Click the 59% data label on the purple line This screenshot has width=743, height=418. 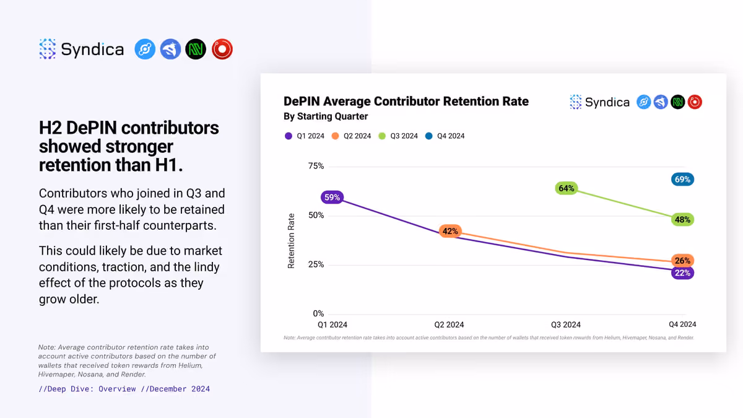click(332, 198)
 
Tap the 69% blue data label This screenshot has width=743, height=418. click(682, 180)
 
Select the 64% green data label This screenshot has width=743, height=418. click(566, 188)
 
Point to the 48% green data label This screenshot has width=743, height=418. click(682, 220)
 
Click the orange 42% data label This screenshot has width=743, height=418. click(450, 231)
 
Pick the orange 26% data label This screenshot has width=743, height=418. click(682, 261)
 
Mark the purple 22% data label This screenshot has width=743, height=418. click(682, 273)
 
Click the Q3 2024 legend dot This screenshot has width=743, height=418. click(382, 136)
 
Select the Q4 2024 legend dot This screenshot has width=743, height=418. click(429, 136)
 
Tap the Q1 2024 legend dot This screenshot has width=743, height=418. click(289, 136)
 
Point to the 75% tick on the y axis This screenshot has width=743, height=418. click(316, 166)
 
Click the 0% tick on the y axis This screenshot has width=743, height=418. click(318, 313)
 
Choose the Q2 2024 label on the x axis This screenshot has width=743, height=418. click(449, 324)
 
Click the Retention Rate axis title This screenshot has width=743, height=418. click(291, 241)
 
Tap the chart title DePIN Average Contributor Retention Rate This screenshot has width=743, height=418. click(406, 102)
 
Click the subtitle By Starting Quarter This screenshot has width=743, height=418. click(326, 116)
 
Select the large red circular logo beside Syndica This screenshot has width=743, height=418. click(222, 49)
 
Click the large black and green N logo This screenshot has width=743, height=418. click(196, 49)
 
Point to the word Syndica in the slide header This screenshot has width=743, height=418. click(92, 50)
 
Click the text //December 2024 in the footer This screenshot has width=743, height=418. click(175, 389)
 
